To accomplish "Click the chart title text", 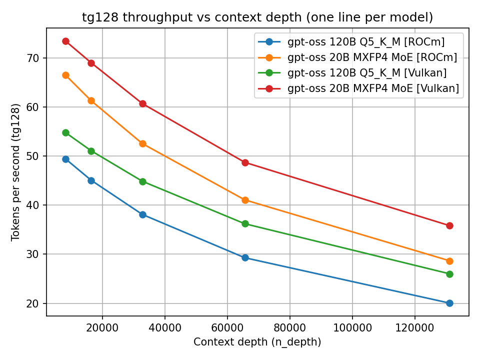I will (257, 17).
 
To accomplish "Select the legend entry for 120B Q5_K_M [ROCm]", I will (366, 42).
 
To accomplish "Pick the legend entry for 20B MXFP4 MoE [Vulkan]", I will (373, 89).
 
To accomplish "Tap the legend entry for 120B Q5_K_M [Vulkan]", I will (367, 73).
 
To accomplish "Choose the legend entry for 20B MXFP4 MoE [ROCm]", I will (372, 57).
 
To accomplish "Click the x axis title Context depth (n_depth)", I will (257, 342).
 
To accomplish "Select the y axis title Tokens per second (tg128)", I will (16, 172).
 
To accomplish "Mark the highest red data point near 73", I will (65, 41).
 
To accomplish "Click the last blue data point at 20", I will (449, 303).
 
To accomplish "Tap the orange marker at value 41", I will (245, 200).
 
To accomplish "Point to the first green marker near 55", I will (65, 132).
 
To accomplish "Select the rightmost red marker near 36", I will (449, 225).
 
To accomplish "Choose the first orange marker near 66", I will (65, 75).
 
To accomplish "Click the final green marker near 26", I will (449, 274).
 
